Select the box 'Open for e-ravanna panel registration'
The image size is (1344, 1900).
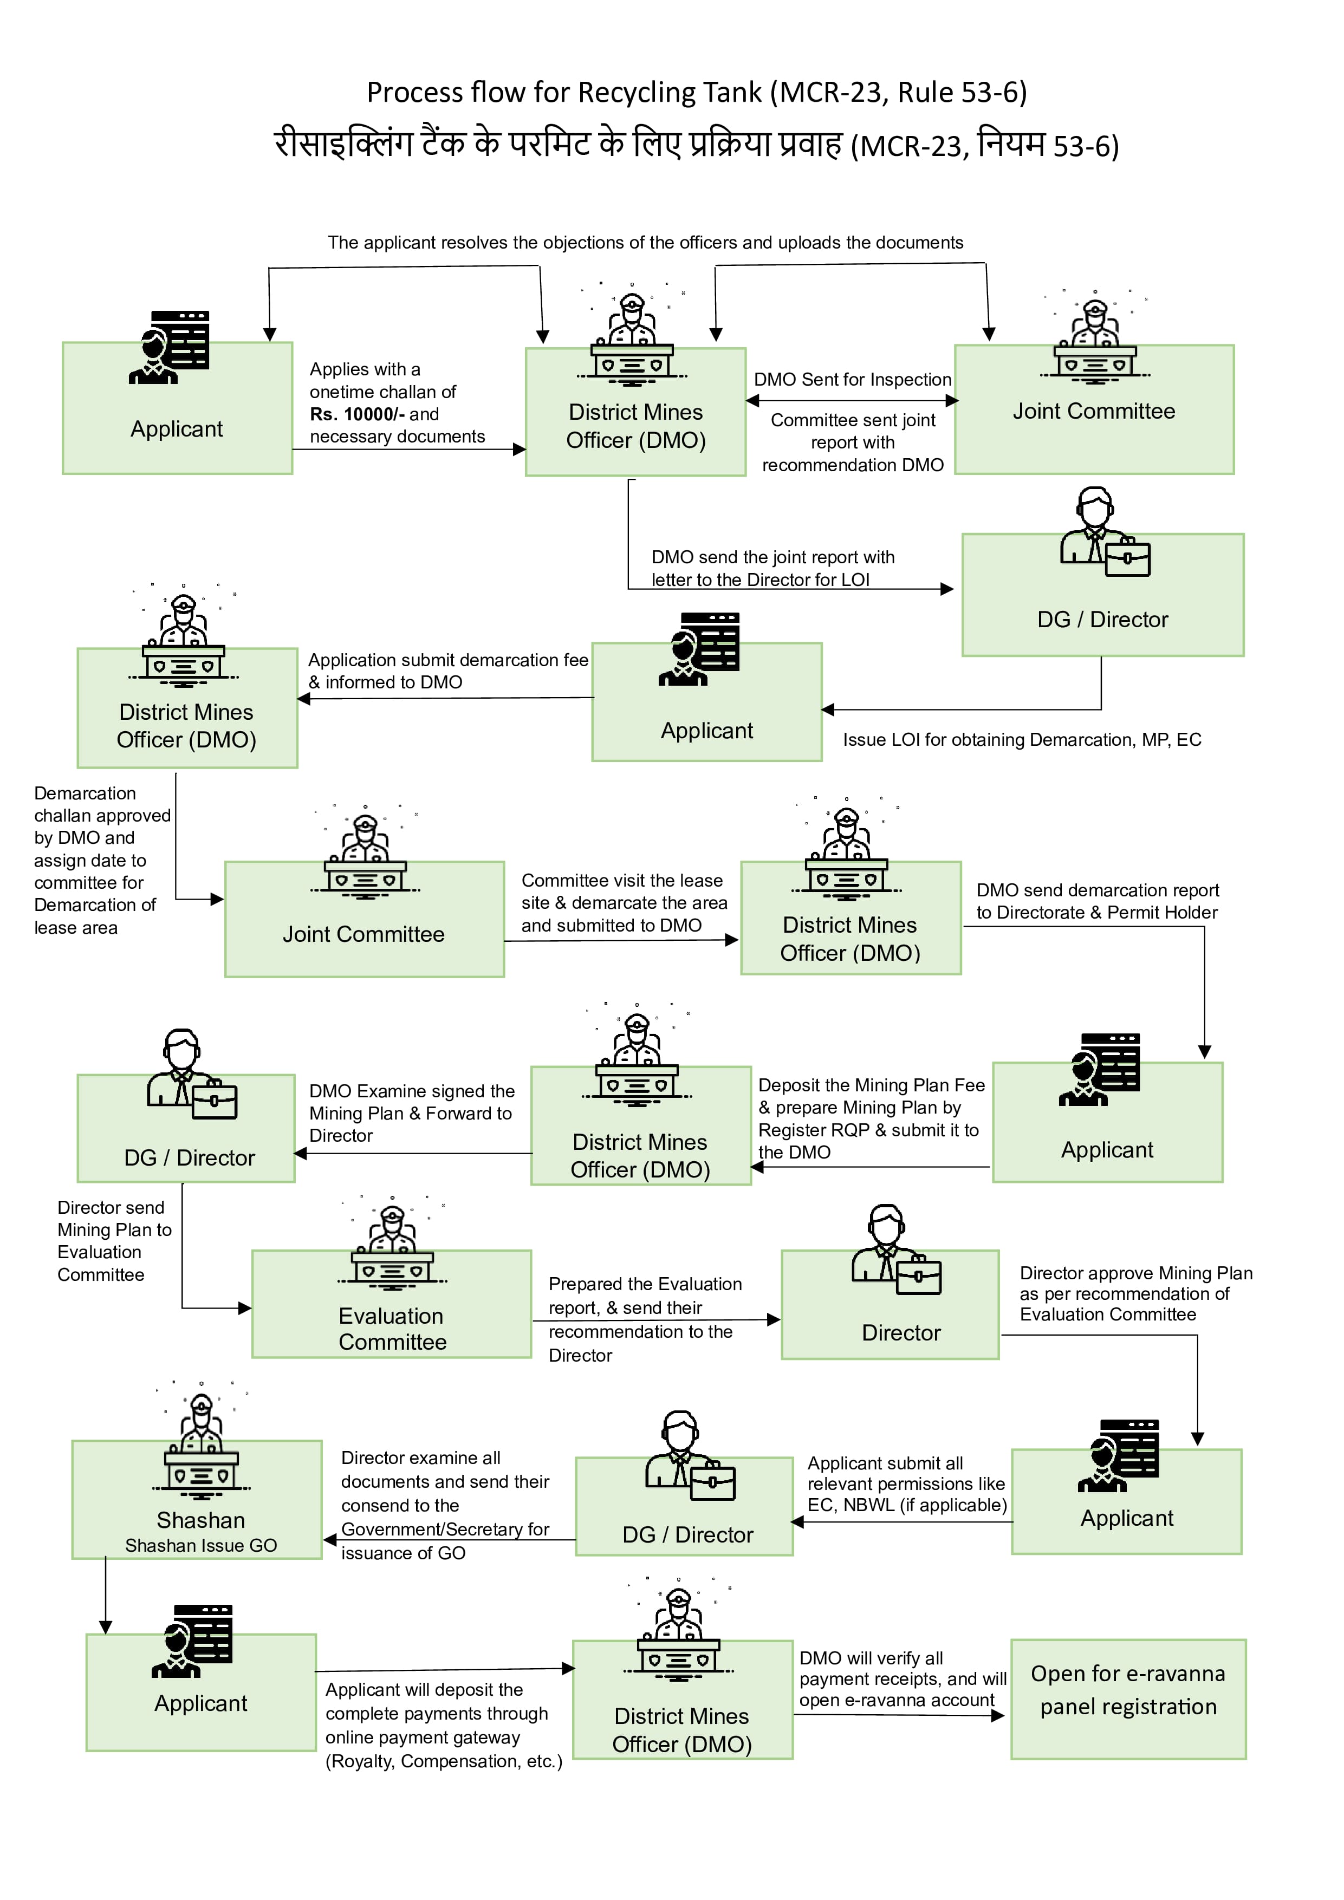[1127, 1699]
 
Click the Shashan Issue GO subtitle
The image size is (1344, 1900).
[201, 1545]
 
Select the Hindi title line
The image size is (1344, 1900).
[696, 144]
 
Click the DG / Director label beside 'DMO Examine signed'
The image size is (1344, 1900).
[190, 1157]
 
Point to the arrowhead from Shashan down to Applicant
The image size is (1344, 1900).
[105, 1627]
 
